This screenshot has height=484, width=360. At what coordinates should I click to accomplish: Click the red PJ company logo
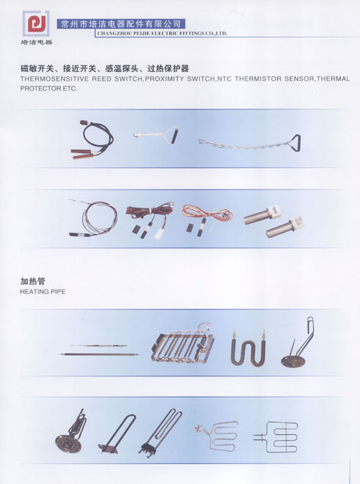click(x=36, y=24)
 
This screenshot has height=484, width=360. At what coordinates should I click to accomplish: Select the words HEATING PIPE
click(x=42, y=292)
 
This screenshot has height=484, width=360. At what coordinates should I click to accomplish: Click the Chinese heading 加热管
click(x=32, y=281)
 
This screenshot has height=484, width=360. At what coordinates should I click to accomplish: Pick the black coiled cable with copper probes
click(x=92, y=140)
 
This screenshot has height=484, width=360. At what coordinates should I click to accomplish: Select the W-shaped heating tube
click(x=248, y=348)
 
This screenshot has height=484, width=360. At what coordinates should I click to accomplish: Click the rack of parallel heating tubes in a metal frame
click(x=182, y=344)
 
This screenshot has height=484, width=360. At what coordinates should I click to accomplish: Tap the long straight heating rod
click(x=99, y=354)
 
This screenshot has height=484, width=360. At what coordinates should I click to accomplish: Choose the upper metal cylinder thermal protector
click(x=262, y=215)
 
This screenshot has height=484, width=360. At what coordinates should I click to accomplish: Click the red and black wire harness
click(x=150, y=220)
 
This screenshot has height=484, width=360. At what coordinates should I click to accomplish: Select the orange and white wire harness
click(x=207, y=218)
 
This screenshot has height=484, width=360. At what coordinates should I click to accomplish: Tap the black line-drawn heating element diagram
click(x=276, y=436)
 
